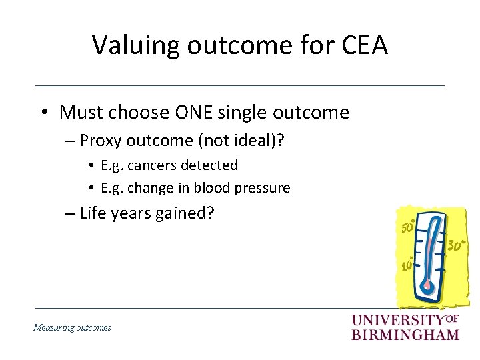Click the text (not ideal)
pos(225,141)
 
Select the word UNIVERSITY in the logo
pos(397,321)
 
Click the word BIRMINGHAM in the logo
pos(405,334)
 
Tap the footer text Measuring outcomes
pos(73,327)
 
